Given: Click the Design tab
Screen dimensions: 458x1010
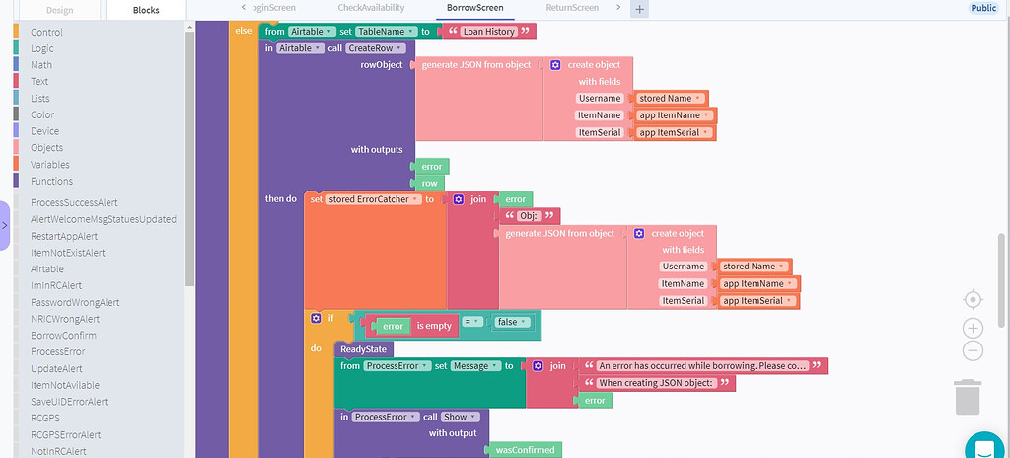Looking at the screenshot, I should point(59,9).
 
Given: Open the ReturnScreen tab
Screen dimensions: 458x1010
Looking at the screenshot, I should point(572,8).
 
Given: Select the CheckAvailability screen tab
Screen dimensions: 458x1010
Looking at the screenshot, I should point(370,8).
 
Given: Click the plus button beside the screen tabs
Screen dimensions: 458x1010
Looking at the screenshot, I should point(639,9).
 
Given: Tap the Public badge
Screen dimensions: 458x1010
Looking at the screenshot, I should point(983,8).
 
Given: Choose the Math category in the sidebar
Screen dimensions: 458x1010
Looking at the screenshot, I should point(41,65).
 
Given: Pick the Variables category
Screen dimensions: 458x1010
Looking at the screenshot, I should point(50,165).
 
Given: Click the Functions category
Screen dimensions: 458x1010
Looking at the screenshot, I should point(51,181).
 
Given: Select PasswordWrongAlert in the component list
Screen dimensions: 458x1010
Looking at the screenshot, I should point(75,302).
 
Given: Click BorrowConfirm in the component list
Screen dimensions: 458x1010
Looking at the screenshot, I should point(64,335).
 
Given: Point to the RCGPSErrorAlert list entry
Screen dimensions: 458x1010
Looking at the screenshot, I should point(65,434).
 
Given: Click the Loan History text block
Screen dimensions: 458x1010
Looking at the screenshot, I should point(488,32).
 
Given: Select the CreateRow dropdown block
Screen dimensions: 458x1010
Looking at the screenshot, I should point(375,48).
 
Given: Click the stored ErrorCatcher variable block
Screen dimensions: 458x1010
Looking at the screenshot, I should point(373,199).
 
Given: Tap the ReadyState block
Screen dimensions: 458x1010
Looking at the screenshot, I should point(365,348).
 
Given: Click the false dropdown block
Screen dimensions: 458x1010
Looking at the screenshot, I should point(511,322).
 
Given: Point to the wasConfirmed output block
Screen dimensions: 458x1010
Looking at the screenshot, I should point(525,450).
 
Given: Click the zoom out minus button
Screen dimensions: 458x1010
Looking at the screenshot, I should point(973,350).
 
